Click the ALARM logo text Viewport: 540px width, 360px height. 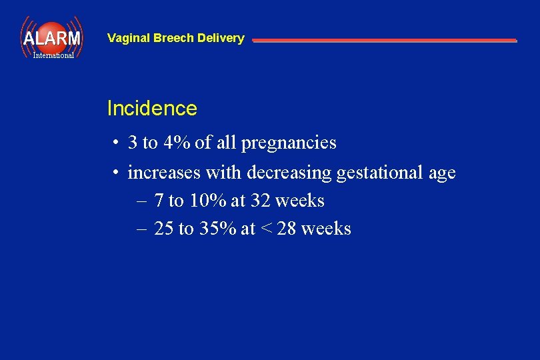click(x=51, y=38)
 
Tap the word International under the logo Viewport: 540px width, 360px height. click(x=53, y=55)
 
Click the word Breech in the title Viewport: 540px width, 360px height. click(x=176, y=39)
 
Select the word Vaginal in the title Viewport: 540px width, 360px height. click(x=129, y=39)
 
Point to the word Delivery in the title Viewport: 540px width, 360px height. click(x=223, y=39)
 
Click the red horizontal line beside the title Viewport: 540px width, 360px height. click(x=384, y=41)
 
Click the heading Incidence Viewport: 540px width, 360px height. click(x=152, y=109)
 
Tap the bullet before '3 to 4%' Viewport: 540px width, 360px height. click(x=116, y=143)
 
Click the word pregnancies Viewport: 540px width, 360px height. click(x=289, y=143)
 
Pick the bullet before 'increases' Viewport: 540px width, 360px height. click(x=116, y=173)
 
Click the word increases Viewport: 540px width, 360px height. click(x=164, y=173)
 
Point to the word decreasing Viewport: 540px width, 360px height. click(x=289, y=173)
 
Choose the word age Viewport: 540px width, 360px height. click(x=442, y=174)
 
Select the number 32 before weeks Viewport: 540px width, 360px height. click(x=260, y=201)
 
